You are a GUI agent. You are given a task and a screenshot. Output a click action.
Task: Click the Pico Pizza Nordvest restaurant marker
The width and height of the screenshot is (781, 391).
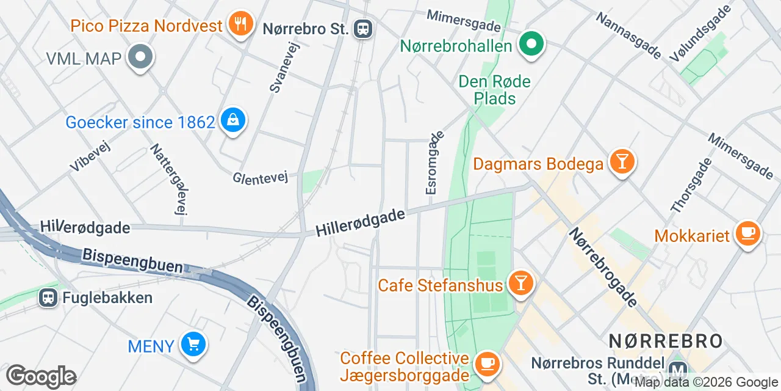pyautogui.click(x=241, y=24)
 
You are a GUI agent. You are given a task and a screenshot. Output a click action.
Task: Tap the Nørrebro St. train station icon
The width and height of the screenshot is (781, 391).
pyautogui.click(x=363, y=28)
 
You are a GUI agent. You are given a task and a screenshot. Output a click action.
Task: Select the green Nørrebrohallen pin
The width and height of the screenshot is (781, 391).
pyautogui.click(x=531, y=44)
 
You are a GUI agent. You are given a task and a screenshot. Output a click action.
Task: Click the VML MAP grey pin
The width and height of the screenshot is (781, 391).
pyautogui.click(x=141, y=57)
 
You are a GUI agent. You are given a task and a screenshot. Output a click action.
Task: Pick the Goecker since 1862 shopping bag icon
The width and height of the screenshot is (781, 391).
pyautogui.click(x=232, y=120)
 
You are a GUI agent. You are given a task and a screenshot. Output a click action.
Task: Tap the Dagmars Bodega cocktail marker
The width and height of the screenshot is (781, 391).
pyautogui.click(x=622, y=162)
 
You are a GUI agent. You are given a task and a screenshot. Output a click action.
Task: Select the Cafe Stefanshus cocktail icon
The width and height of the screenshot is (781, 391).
pyautogui.click(x=520, y=283)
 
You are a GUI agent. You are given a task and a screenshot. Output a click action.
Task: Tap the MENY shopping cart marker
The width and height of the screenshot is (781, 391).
pyautogui.click(x=193, y=345)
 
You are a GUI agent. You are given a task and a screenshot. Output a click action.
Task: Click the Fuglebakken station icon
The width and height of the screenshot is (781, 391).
pyautogui.click(x=47, y=298)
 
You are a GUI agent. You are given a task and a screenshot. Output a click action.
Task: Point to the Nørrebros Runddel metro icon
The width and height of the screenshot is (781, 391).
pyautogui.click(x=677, y=370)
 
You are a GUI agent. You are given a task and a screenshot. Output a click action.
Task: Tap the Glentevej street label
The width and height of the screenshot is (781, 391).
pyautogui.click(x=260, y=177)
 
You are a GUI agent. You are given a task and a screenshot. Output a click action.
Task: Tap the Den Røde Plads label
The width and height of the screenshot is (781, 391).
pyautogui.click(x=494, y=90)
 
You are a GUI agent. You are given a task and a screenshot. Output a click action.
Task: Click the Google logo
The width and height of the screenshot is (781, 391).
pyautogui.click(x=41, y=376)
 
